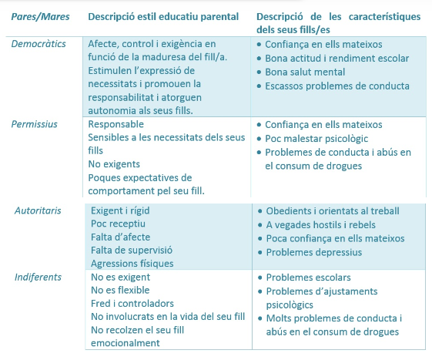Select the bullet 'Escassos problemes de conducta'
337,86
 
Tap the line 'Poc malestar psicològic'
316,139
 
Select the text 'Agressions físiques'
132,264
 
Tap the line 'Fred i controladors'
132,304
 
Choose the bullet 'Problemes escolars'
308,277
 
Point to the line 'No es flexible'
121,291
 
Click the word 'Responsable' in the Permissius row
116,124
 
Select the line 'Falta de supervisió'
132,251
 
